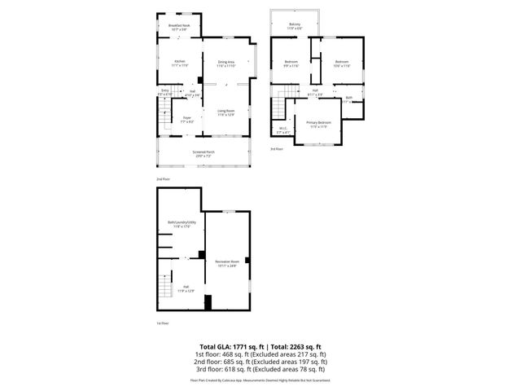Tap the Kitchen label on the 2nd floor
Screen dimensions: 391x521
coord(179,62)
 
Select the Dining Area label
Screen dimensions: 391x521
coord(225,63)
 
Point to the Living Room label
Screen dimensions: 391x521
coord(225,112)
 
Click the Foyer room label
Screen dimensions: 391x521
coord(186,119)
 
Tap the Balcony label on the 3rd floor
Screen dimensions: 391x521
coord(295,25)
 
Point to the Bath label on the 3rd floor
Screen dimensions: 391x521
coord(348,99)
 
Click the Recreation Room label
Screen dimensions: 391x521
coord(225,262)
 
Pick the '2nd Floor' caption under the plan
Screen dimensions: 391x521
coord(164,178)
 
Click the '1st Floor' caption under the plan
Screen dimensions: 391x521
coord(163,323)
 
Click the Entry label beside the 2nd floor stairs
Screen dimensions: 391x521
coord(165,92)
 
